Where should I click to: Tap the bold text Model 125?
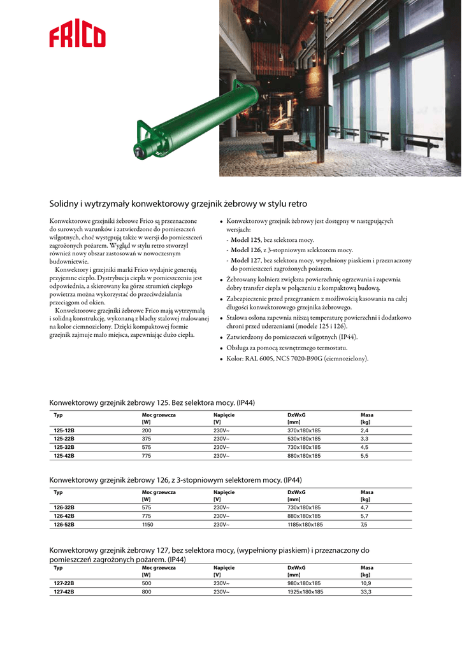pos(246,239)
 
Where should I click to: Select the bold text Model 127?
pos(246,260)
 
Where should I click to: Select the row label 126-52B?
pos(64,525)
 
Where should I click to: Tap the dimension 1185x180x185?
pos(305,525)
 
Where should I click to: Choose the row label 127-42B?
pos(64,592)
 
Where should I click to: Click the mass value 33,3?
pos(366,592)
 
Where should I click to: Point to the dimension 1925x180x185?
pos(305,592)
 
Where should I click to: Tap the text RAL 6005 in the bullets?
pos(256,359)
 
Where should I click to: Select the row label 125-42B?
pos(64,456)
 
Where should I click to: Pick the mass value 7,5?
pos(364,525)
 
